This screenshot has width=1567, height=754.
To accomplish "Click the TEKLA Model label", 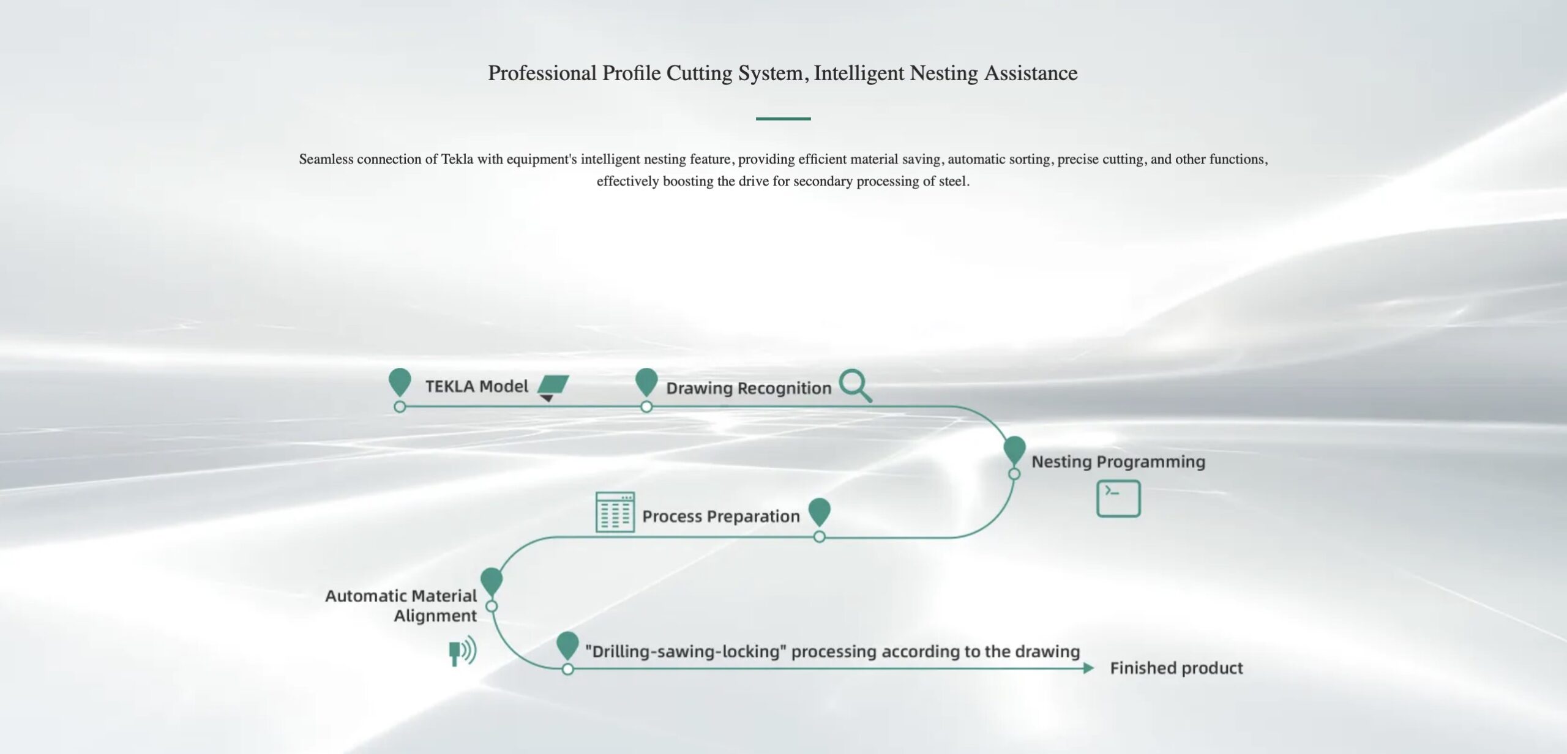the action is point(476,386).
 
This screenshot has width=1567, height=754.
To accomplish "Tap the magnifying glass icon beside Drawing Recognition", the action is point(855,385).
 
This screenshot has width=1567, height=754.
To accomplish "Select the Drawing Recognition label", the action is point(749,388).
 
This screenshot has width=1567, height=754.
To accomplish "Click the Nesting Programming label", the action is point(1118,461).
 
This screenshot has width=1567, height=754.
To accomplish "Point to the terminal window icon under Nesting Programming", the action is point(1118,499).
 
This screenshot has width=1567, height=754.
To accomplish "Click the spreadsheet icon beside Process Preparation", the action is point(615,512).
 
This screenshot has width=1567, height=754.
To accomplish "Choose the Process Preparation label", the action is point(720,517).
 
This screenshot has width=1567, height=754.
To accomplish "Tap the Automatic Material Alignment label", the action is point(401,605).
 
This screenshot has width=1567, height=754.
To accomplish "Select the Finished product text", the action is point(1176,668).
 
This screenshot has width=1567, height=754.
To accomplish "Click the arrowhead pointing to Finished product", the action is point(1088,668).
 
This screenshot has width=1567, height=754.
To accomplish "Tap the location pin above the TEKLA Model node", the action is point(400,383).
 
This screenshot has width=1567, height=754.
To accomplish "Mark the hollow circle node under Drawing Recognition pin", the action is point(646,406).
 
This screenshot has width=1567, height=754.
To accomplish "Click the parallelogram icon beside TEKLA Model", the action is point(553,384).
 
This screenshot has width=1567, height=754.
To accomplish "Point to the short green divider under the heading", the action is point(783,118).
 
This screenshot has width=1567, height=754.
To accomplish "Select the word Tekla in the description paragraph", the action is point(457,159).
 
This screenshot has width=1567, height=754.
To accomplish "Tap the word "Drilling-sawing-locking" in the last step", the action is point(686,651).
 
